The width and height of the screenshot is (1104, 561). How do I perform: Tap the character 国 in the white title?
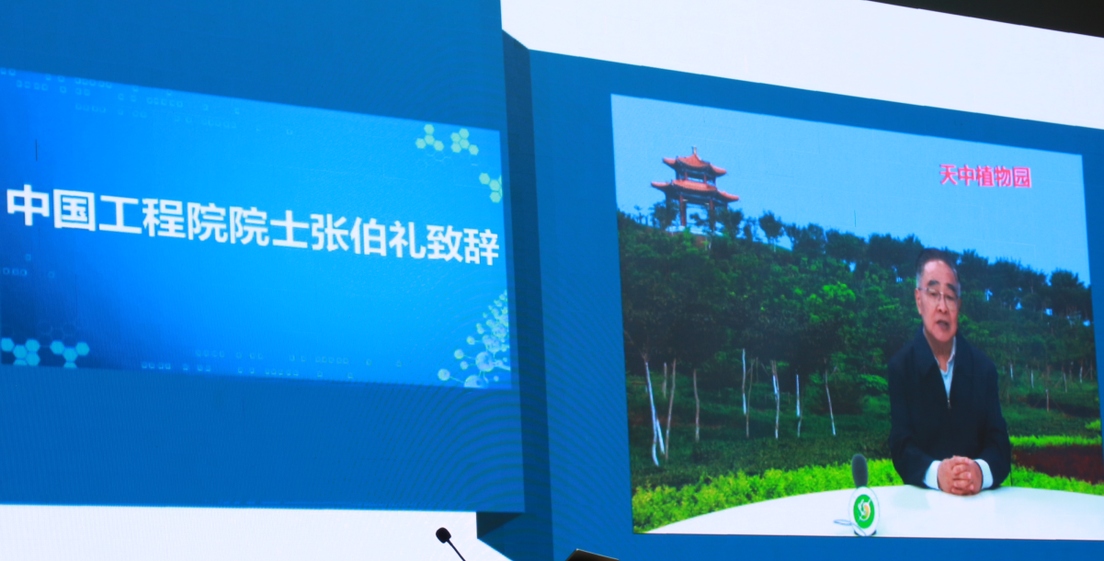click(74, 210)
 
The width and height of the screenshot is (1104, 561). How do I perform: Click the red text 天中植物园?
click(984, 176)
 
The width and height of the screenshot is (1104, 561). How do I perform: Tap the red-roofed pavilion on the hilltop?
click(694, 189)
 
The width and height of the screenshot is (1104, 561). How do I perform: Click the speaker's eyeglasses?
click(938, 299)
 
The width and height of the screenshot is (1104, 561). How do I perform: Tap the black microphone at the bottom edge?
click(450, 543)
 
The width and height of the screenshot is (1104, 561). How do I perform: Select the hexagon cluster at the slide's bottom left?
click(44, 352)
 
